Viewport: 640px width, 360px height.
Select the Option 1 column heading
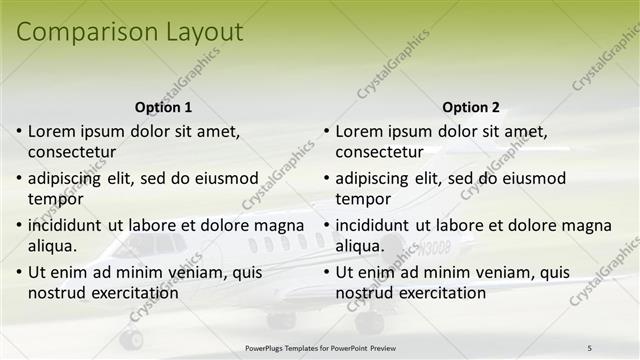[x=163, y=107]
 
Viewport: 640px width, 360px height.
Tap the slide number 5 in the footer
[x=589, y=347]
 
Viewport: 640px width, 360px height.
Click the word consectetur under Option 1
[x=72, y=152]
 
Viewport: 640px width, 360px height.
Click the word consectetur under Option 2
[x=379, y=152]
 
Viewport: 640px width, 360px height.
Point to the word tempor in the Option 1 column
[x=53, y=199]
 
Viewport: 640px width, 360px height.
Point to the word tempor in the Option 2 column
[x=360, y=199]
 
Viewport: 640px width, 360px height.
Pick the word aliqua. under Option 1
[x=52, y=246]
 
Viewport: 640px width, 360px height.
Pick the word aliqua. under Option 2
[x=359, y=246]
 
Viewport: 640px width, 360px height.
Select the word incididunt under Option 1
[x=68, y=225]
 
